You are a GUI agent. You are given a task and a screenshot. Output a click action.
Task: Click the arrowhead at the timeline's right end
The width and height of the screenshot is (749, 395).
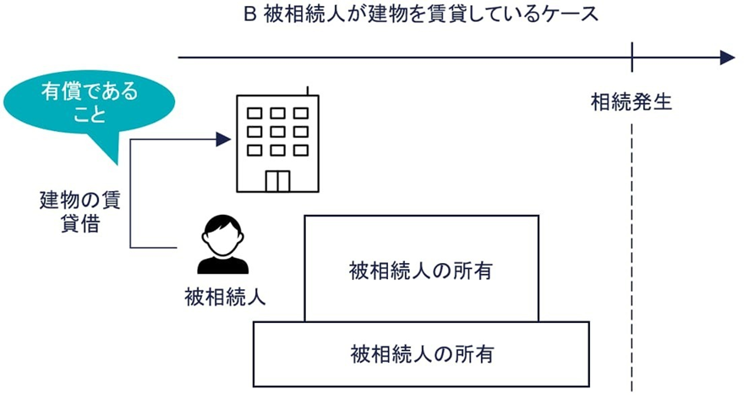pyautogui.click(x=726, y=58)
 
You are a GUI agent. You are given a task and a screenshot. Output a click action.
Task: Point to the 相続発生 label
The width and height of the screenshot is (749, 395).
pyautogui.click(x=631, y=102)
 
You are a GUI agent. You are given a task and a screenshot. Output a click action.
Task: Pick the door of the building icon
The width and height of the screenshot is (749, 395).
pyautogui.click(x=277, y=181)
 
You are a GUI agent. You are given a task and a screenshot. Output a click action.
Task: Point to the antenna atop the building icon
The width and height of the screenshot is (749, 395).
pyautogui.click(x=309, y=89)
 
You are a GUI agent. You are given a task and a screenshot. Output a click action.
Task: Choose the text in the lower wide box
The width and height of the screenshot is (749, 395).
pyautogui.click(x=421, y=351)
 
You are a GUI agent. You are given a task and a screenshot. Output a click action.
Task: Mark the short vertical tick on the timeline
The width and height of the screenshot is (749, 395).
pyautogui.click(x=631, y=58)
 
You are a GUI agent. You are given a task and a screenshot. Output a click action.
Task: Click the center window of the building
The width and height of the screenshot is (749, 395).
pyautogui.click(x=277, y=131)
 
